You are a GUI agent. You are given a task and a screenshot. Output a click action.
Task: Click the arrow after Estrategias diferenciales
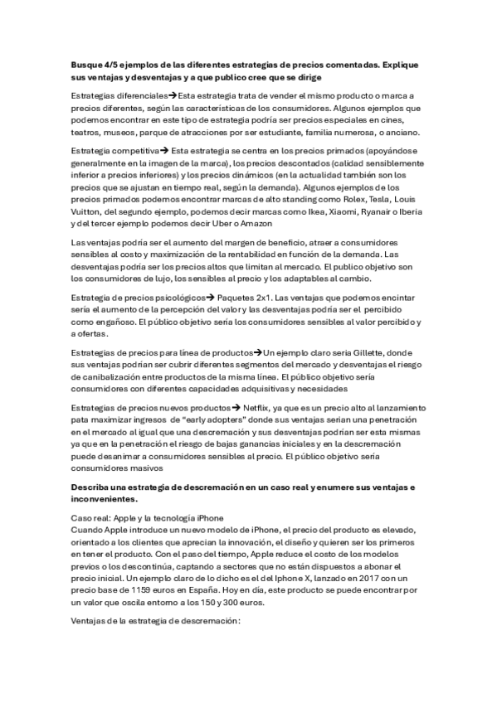click(x=172, y=97)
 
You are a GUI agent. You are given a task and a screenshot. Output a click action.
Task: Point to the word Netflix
click(x=258, y=410)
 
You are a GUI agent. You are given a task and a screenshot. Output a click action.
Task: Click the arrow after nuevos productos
click(x=236, y=410)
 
